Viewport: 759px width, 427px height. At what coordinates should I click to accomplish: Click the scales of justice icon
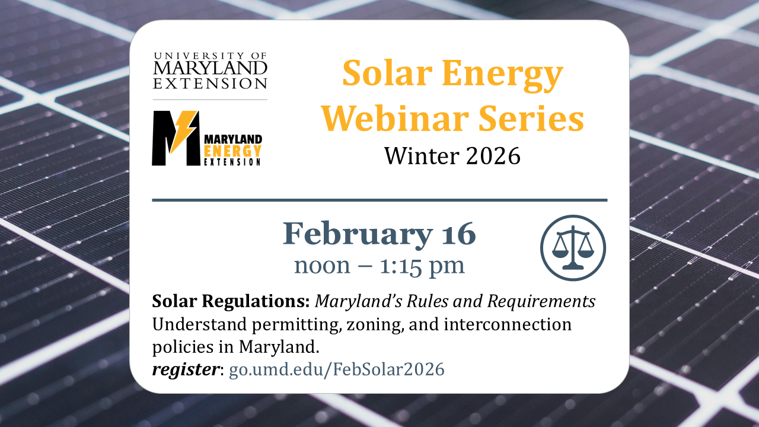573,247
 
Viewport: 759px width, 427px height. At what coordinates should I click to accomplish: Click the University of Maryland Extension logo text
210,71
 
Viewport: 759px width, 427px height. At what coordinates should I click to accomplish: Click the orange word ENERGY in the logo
232,149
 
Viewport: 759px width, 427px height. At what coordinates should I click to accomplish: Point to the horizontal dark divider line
379,200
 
